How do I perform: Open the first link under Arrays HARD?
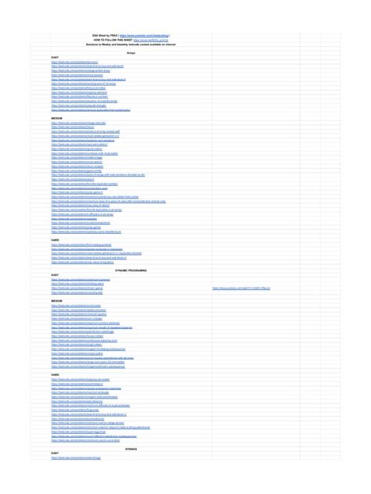[79, 245]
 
